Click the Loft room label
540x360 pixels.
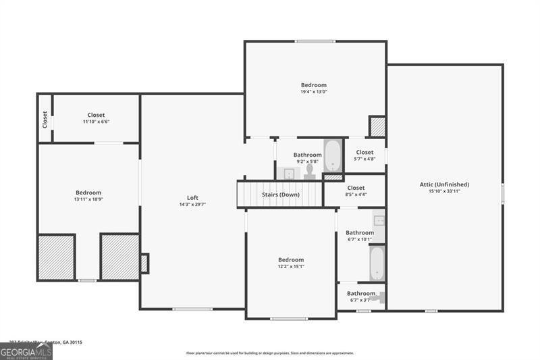(x=192, y=197)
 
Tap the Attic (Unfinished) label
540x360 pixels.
(x=444, y=184)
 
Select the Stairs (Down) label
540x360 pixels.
(x=281, y=195)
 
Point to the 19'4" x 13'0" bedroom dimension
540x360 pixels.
(x=314, y=93)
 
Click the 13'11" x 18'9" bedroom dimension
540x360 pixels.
(x=88, y=200)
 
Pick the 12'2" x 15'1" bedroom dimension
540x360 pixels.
(x=291, y=266)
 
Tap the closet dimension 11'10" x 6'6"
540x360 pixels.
(x=96, y=122)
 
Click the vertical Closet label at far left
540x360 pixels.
(x=45, y=120)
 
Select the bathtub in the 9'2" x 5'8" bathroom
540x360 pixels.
(x=333, y=156)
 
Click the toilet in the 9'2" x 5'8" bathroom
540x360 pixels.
(x=310, y=172)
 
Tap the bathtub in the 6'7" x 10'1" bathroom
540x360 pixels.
(x=377, y=262)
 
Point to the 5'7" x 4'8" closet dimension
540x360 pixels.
(x=364, y=159)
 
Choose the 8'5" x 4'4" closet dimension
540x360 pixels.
(x=356, y=195)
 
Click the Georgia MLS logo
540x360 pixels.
(x=26, y=351)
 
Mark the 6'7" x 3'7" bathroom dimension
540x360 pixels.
(x=360, y=301)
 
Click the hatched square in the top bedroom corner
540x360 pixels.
(x=377, y=126)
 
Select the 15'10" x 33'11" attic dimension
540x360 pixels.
(x=444, y=191)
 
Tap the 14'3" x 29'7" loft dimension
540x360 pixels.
(x=192, y=204)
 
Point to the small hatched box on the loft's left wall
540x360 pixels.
(x=144, y=263)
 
